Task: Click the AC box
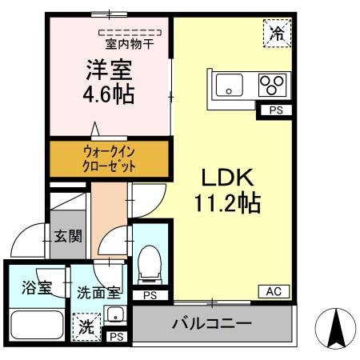coord(273,292)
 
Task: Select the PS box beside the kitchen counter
coord(274,111)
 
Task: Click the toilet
coord(149,264)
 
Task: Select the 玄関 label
coord(68,236)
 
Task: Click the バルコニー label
coord(212,325)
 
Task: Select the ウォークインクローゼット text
coord(110,158)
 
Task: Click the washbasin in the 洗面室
coord(115,313)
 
